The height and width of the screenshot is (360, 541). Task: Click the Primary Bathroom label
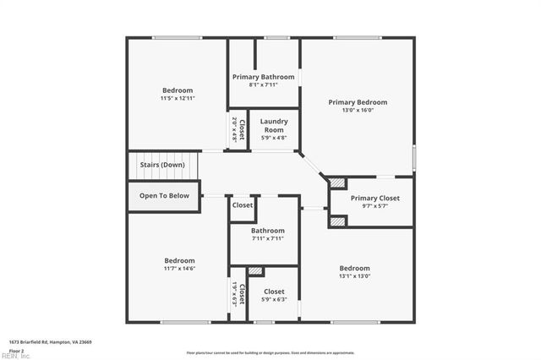(x=264, y=76)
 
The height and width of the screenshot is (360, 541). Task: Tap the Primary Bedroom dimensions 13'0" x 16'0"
(x=358, y=110)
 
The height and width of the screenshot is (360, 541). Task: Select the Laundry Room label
(x=274, y=125)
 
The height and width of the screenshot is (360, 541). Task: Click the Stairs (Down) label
(x=161, y=165)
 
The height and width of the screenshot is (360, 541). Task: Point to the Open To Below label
(x=164, y=195)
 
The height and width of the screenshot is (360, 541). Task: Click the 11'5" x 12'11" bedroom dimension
(x=178, y=99)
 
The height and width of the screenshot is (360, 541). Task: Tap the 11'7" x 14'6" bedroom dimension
(x=179, y=269)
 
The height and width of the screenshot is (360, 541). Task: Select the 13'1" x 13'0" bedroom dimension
(x=354, y=276)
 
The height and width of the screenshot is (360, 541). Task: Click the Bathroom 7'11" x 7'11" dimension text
(x=268, y=238)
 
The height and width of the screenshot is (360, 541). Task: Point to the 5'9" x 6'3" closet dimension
(x=274, y=299)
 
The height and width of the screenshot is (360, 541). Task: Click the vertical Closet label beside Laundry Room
(x=242, y=132)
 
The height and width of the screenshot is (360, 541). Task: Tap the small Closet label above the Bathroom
(x=243, y=205)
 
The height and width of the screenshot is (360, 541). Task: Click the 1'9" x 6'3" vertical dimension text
(x=234, y=294)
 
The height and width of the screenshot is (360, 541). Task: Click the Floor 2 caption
(x=16, y=350)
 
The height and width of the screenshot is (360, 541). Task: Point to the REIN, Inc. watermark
(x=15, y=356)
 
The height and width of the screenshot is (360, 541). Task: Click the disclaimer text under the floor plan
(x=270, y=352)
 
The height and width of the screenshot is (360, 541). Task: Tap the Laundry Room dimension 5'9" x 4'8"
(x=273, y=138)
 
